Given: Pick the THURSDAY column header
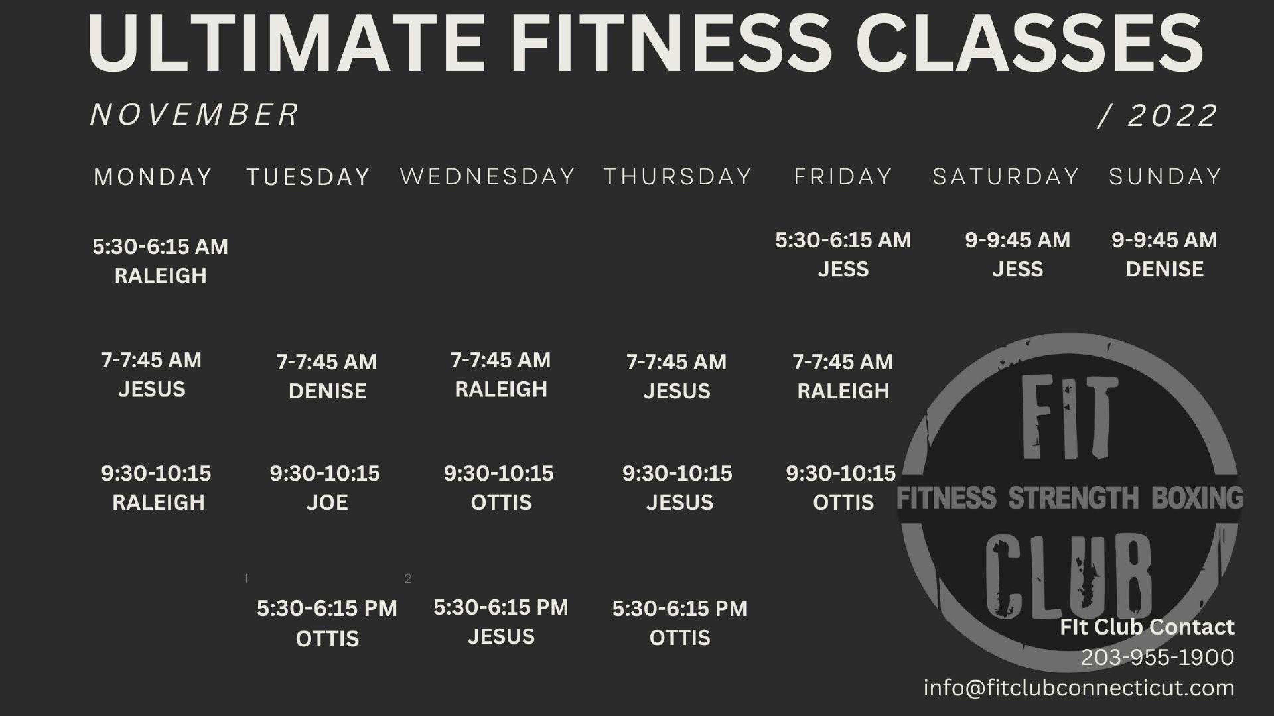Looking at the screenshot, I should coord(678,177).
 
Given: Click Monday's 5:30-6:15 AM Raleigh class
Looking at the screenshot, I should coord(160,261).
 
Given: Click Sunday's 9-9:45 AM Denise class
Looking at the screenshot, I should coord(1164,255).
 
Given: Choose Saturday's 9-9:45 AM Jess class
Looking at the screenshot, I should coord(1017,255).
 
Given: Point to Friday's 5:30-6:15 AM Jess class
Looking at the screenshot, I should coord(843,255).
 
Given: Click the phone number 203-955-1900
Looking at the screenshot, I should coord(1157,657).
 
